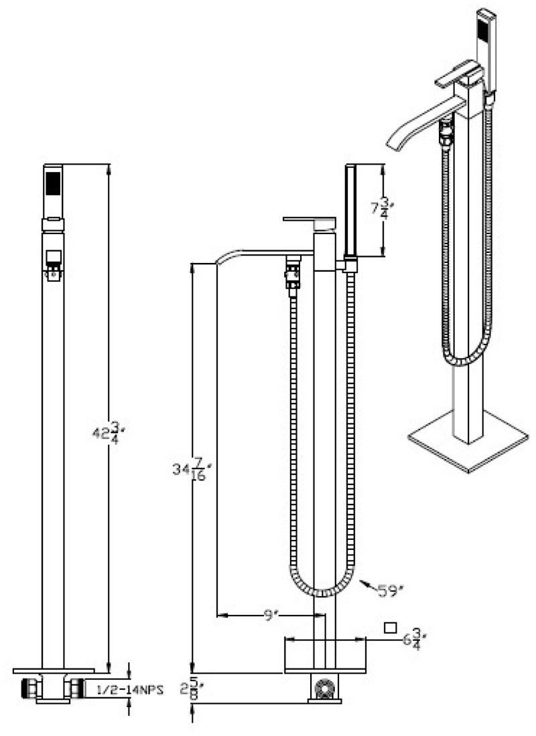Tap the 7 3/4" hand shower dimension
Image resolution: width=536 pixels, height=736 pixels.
[382, 208]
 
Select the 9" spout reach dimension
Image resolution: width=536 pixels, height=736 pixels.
[269, 616]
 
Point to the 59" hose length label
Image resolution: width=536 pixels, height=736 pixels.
[391, 590]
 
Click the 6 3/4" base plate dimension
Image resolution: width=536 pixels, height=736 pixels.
[414, 640]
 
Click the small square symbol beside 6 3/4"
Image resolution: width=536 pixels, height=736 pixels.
[390, 628]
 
